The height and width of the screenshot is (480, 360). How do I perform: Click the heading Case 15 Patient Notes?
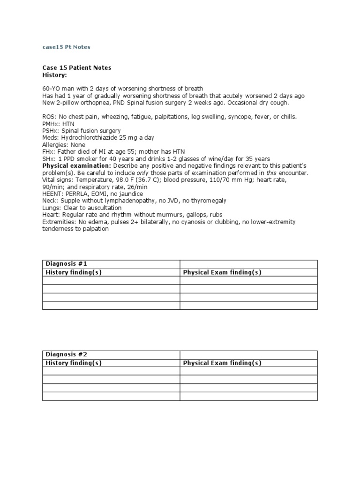76,67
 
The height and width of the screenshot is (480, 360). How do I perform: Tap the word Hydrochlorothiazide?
89,138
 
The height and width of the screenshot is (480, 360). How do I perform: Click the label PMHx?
51,124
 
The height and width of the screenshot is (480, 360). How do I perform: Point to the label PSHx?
51,131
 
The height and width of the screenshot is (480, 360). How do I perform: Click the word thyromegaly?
208,201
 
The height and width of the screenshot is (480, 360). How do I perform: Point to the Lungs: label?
52,208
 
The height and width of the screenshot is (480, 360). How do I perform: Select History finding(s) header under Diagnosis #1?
73,272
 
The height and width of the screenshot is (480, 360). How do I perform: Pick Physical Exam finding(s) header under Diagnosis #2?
222,363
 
